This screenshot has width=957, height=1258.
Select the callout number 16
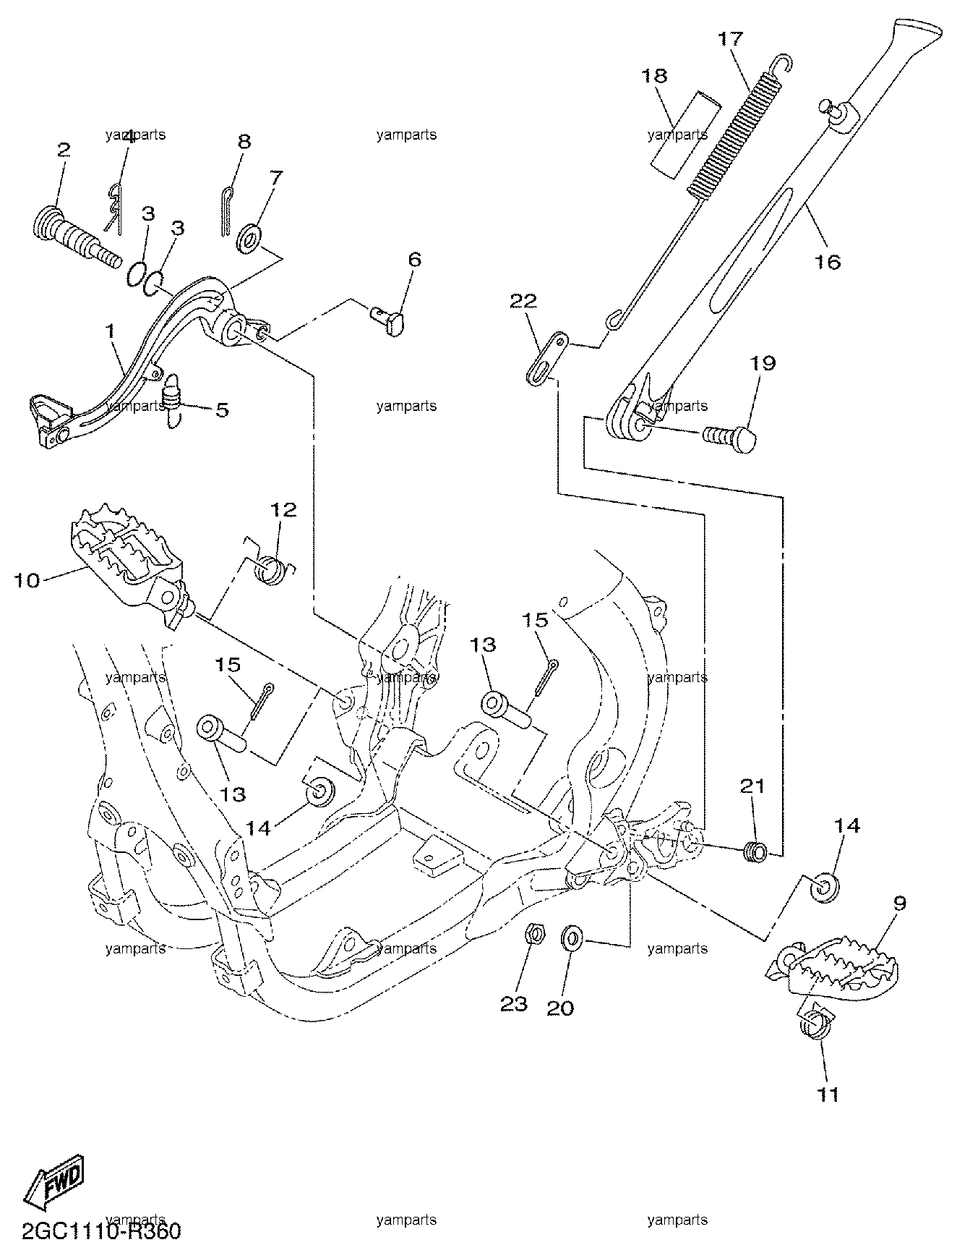pos(828,261)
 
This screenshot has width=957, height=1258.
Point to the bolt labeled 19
pos(730,437)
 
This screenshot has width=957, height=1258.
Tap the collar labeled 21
pos(754,851)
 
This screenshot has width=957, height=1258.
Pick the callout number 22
pos(523,301)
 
